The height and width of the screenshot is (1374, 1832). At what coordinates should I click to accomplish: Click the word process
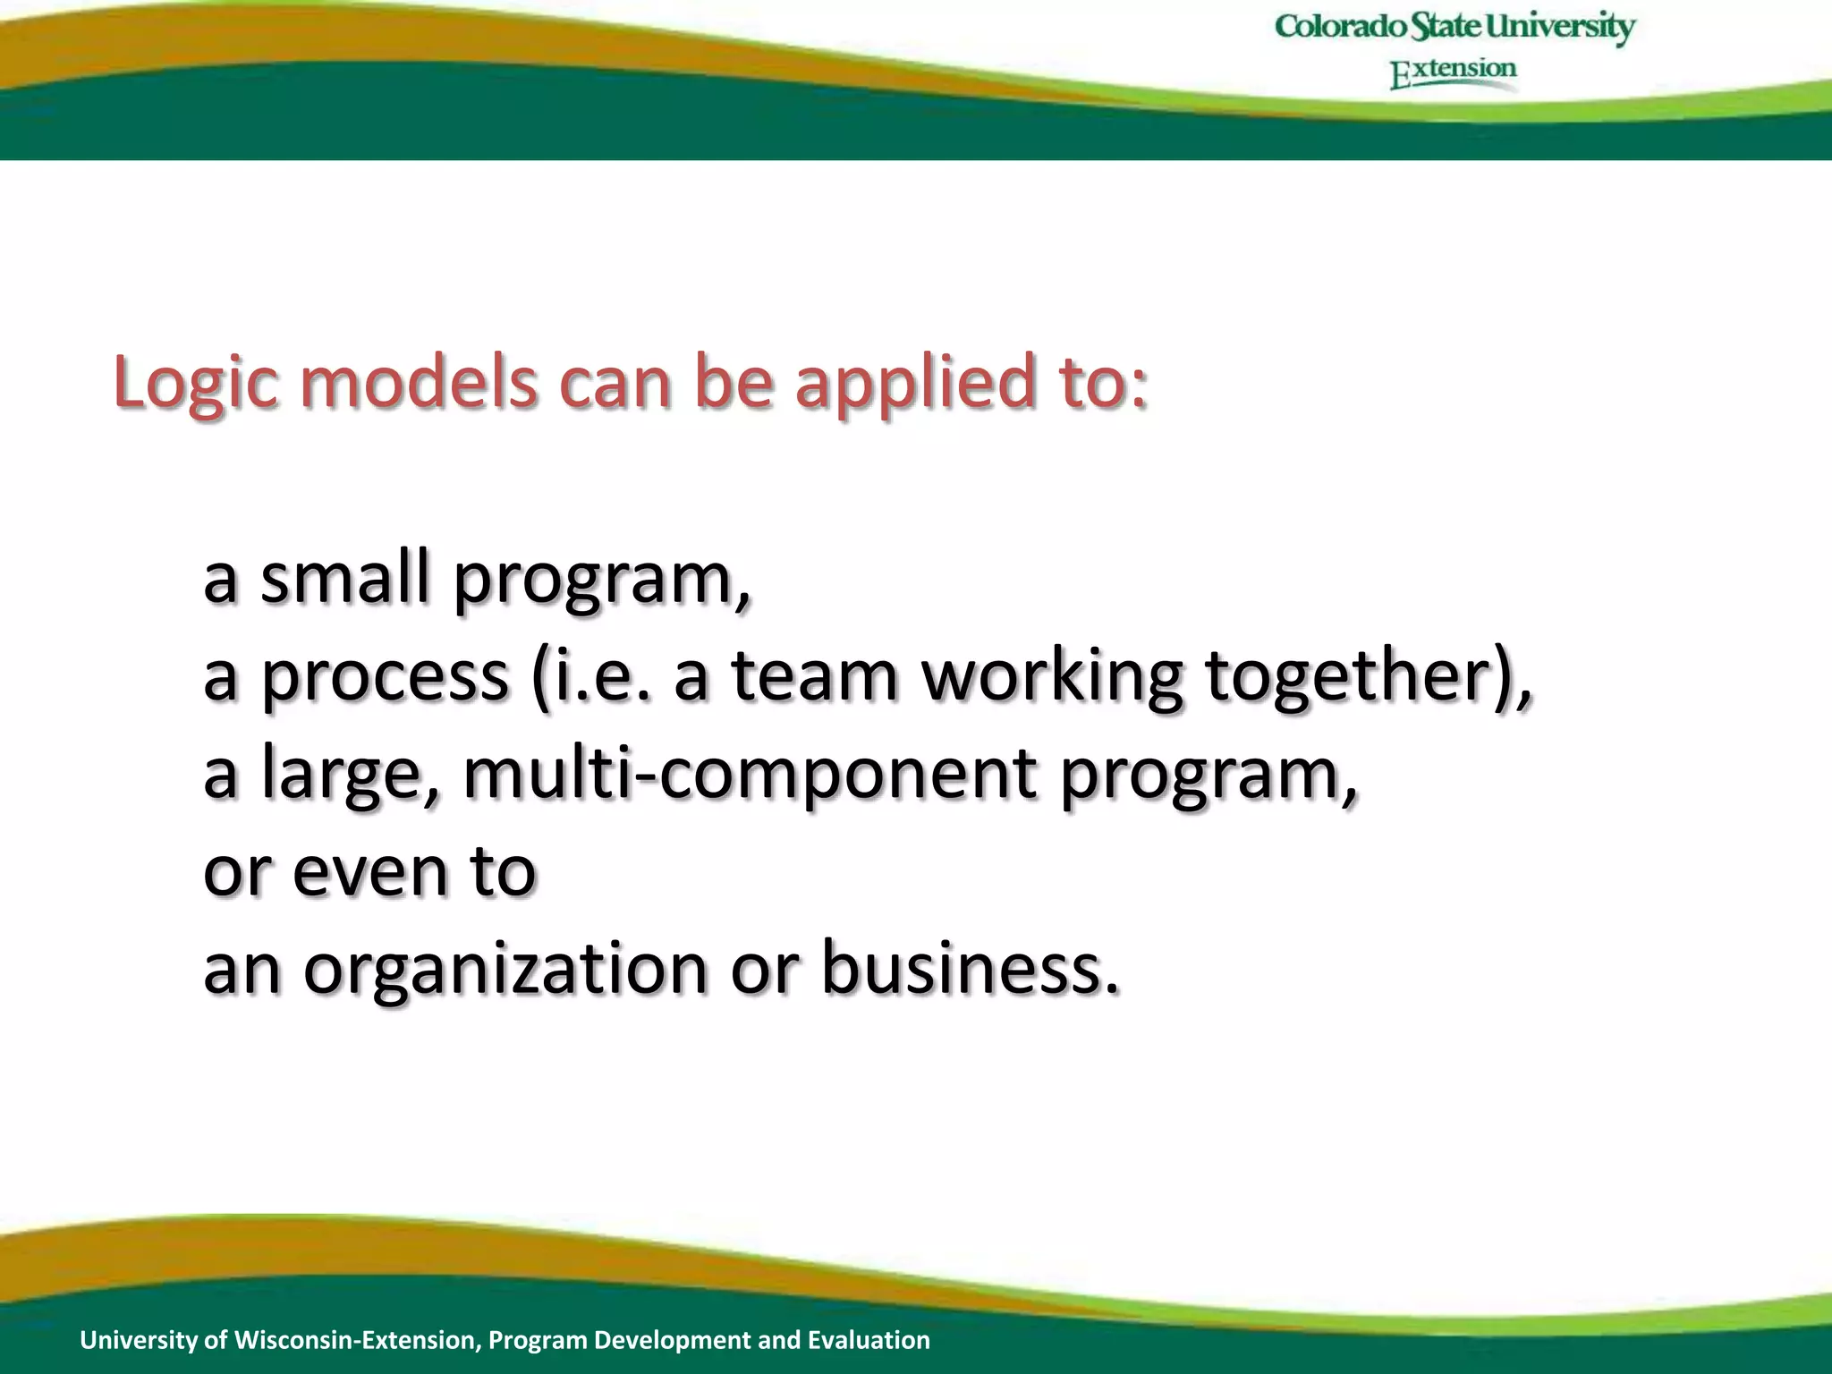385,677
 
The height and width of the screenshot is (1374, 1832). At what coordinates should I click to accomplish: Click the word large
340,775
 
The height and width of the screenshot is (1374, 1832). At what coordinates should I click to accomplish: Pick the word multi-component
750,775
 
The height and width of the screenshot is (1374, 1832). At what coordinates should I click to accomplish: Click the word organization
505,970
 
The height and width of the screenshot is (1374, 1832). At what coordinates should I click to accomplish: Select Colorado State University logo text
1455,27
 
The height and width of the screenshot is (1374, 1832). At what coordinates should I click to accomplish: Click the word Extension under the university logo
1453,71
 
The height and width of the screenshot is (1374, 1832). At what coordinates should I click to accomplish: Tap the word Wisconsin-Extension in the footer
358,1339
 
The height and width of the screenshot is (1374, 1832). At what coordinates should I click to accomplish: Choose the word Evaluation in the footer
869,1339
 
